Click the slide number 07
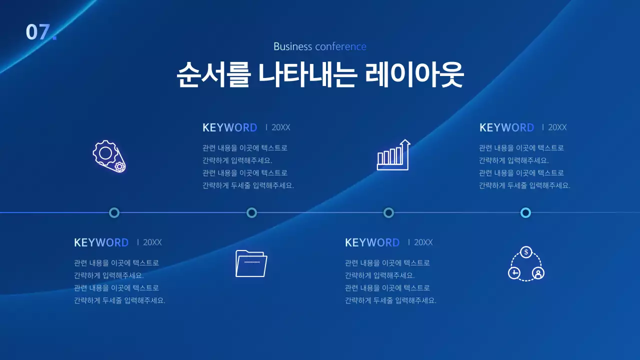[40, 32]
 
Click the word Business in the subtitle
[292, 46]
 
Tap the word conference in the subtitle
[340, 46]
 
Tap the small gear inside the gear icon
[119, 166]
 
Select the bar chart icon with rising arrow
[393, 155]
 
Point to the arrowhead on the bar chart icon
[405, 142]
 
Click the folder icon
[251, 263]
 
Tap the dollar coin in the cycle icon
[526, 252]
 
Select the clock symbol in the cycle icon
[514, 273]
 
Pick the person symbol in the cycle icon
[538, 273]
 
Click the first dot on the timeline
[114, 213]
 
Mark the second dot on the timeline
[251, 213]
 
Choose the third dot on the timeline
[388, 213]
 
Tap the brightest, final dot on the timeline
[525, 213]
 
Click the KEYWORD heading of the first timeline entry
[101, 242]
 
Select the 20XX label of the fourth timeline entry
[557, 127]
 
